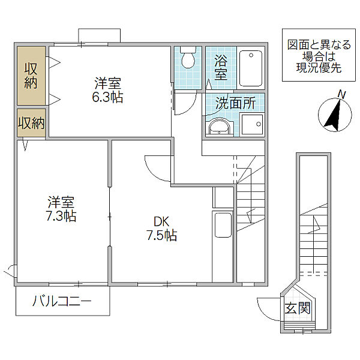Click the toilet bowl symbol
point(188,58)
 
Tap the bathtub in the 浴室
point(251,68)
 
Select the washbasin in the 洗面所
point(219,128)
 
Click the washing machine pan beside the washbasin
point(253,124)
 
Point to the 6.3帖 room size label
point(107,97)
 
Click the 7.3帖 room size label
point(61,215)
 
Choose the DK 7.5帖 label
point(161,229)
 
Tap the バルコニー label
point(62,301)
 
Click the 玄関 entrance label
point(298,308)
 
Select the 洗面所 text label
point(235,103)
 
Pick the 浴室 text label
point(221,67)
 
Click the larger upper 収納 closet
point(31,76)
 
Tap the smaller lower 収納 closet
point(31,123)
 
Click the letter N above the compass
point(343,95)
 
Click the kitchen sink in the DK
point(223,225)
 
